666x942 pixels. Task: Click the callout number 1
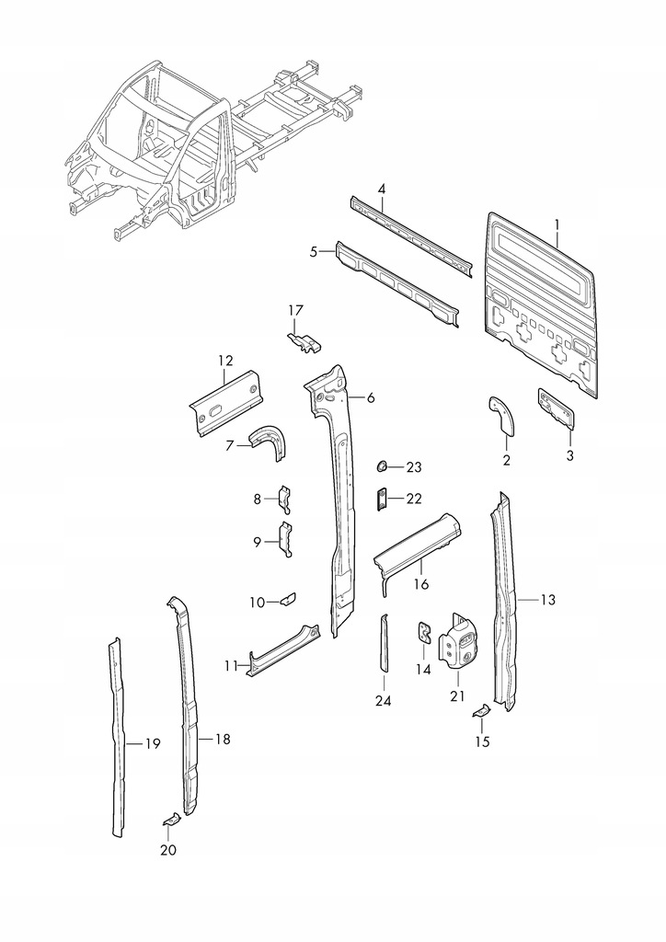[557, 223]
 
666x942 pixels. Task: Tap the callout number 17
[295, 310]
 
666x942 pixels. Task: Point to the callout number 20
[167, 850]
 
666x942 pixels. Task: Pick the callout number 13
[548, 600]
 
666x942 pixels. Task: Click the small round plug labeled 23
[382, 466]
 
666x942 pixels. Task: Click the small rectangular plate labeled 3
[557, 406]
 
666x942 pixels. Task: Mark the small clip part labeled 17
[304, 341]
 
